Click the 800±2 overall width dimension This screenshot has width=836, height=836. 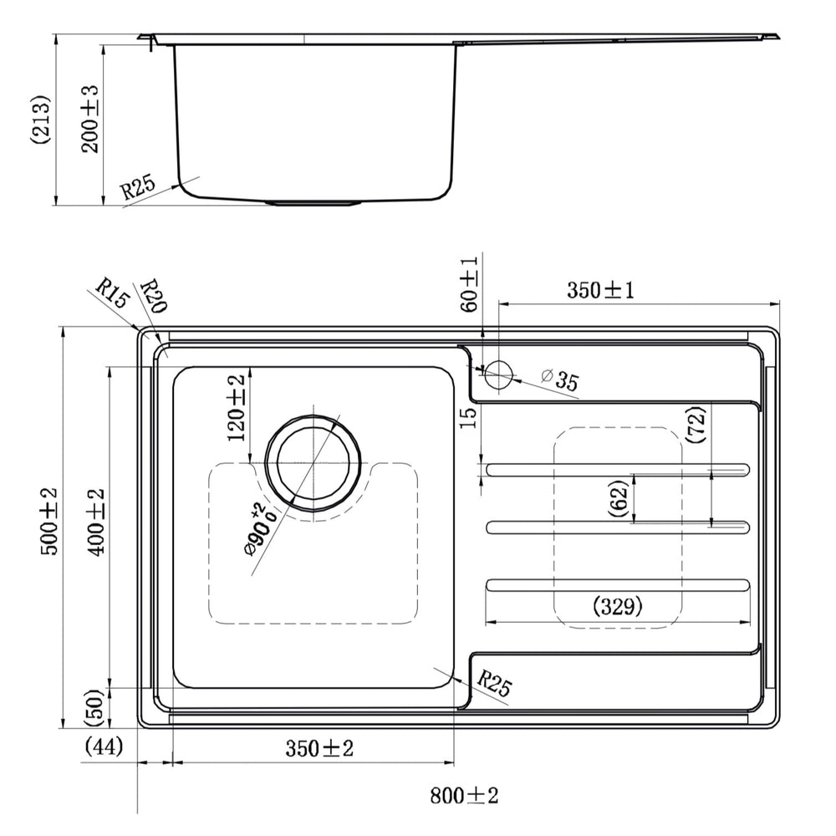[x=464, y=796]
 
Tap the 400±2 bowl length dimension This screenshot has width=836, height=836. [x=96, y=522]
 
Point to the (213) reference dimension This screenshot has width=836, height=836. [x=40, y=120]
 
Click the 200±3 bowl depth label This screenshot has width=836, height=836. [x=89, y=120]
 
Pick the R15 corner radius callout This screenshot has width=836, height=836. [x=113, y=293]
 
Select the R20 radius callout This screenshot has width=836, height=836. [x=154, y=296]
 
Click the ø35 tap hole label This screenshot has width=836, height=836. [x=559, y=380]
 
